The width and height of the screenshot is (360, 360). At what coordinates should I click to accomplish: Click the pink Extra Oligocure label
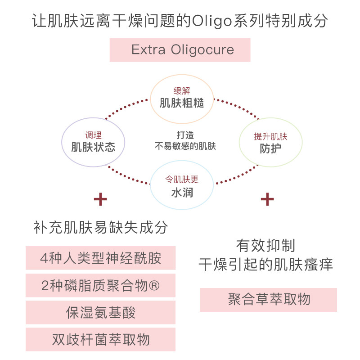pos(180,49)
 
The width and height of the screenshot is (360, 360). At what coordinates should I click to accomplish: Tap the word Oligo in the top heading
pos(213,21)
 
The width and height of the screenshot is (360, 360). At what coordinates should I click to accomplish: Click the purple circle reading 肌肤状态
pos(93,142)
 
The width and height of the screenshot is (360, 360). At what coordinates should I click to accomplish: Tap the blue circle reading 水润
pos(181,186)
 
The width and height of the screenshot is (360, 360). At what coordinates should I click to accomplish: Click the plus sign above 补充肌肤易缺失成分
pos(100,199)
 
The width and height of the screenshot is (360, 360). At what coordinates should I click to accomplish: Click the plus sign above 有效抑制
pos(267,199)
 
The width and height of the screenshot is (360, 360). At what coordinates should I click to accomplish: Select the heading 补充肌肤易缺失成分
pos(100,227)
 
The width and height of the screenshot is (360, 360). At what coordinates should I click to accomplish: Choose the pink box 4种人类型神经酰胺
pos(100,258)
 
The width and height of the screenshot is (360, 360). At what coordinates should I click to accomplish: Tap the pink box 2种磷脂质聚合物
pos(100,285)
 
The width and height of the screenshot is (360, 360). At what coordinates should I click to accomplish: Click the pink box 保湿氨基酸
pos(100,312)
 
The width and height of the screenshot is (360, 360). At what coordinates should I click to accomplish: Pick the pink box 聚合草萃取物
pos(268,300)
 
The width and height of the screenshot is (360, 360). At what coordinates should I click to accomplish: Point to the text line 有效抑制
pos(265,246)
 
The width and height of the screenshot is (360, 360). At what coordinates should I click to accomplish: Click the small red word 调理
pos(93,135)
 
